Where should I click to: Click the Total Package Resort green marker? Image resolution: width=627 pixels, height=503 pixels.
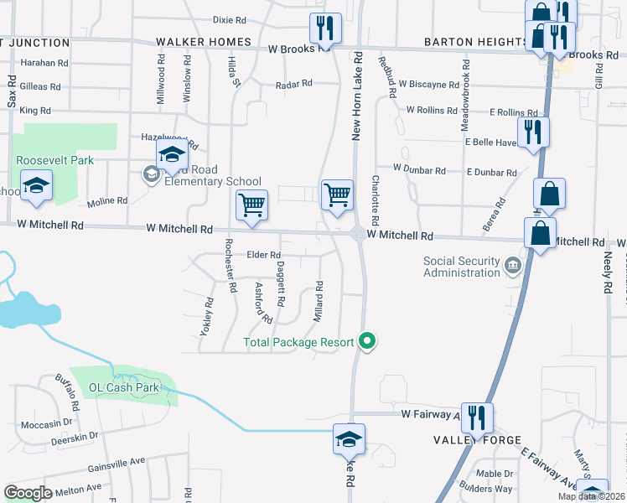366,340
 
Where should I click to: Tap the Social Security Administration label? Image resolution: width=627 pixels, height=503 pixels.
462,267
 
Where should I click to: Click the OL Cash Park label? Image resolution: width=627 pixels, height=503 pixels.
124,388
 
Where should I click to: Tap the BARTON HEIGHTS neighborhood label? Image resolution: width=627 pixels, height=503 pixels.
475,42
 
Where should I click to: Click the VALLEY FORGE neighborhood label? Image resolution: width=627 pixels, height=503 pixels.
478,440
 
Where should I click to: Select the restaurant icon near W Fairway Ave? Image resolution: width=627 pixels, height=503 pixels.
477,417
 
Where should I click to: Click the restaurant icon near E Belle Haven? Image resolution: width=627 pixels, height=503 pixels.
533,132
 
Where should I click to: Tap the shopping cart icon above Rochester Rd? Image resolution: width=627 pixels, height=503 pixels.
251,205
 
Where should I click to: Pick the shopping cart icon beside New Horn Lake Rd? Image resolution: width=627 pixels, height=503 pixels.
337,194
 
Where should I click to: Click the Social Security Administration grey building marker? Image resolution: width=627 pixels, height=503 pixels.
511,267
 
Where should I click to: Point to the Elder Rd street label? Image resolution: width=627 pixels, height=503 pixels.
262,255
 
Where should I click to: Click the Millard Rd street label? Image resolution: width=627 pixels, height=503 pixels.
319,297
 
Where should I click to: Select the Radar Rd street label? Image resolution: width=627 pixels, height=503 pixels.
294,84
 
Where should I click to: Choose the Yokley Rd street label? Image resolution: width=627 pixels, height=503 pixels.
205,317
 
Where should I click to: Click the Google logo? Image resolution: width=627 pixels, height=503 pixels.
28,493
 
